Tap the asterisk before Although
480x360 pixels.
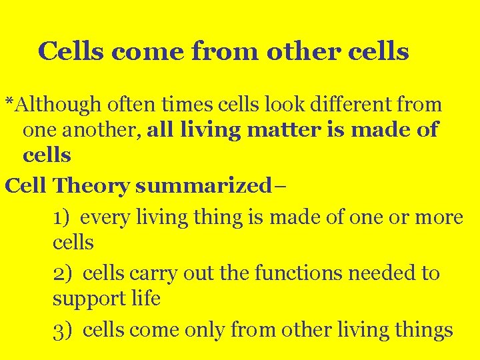pyautogui.click(x=9, y=102)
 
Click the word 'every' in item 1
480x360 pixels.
pyautogui.click(x=111, y=217)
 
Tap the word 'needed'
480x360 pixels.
pyautogui.click(x=379, y=273)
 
